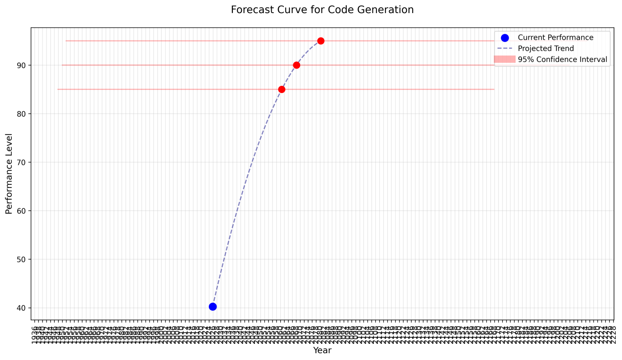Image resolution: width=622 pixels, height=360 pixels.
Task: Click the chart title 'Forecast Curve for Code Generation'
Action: (322, 10)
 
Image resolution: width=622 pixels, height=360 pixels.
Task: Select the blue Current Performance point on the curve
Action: (212, 307)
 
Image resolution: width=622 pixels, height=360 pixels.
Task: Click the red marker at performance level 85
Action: (282, 89)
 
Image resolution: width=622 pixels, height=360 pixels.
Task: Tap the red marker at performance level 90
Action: (297, 65)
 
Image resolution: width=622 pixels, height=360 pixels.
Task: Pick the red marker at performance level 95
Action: (320, 41)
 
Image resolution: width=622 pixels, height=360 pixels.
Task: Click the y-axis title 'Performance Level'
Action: (9, 173)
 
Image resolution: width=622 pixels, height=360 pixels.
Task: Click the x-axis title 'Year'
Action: (322, 351)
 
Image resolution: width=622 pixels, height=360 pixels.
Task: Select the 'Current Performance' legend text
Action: (556, 38)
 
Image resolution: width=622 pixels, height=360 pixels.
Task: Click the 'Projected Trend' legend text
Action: (546, 49)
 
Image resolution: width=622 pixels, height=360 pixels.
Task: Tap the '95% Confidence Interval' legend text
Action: (562, 60)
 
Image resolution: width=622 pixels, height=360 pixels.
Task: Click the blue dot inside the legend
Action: (504, 38)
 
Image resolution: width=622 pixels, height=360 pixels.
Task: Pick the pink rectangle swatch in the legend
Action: (504, 59)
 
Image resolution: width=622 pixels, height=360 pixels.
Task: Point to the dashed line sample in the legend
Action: (504, 49)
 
